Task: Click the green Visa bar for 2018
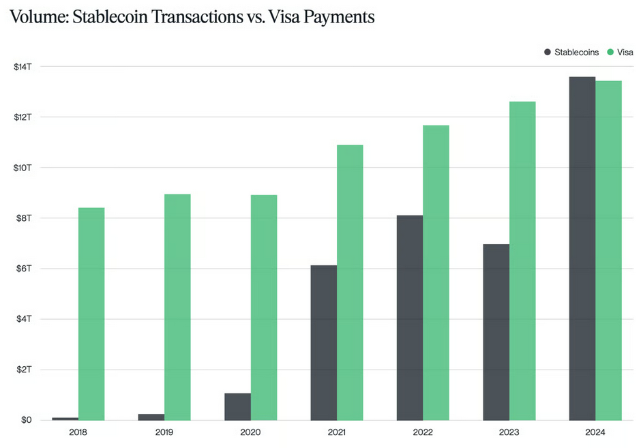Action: click(91, 314)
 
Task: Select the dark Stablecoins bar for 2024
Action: click(582, 248)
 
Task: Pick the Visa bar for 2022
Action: click(436, 273)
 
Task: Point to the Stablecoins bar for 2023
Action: click(496, 331)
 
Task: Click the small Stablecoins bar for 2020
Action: click(237, 406)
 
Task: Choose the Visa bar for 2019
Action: click(177, 307)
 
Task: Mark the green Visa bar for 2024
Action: click(608, 250)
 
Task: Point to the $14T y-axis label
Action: click(22, 67)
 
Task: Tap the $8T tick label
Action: click(23, 218)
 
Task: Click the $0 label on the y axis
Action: click(26, 420)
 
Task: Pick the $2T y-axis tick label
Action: click(23, 370)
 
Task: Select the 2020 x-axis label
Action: click(250, 432)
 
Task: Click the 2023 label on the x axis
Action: click(509, 432)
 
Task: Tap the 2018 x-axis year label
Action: click(78, 432)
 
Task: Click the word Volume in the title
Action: click(38, 17)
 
